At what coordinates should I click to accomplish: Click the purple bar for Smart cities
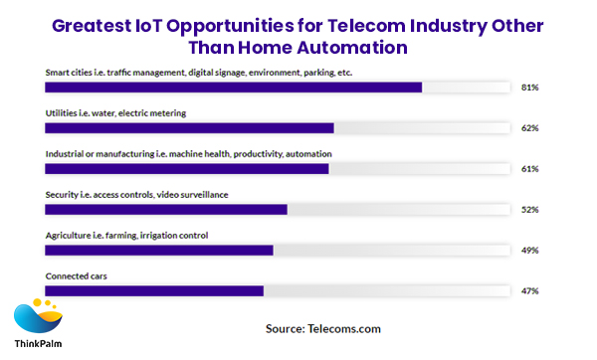click(x=234, y=87)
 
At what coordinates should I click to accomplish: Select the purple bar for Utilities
click(x=189, y=127)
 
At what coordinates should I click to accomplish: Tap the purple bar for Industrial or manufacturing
click(x=187, y=168)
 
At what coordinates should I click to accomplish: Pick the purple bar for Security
click(x=166, y=209)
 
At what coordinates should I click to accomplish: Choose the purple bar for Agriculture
click(x=159, y=250)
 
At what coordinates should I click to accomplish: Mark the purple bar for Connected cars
click(x=154, y=290)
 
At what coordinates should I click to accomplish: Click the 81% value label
click(x=529, y=88)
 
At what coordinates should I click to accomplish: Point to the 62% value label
click(x=529, y=128)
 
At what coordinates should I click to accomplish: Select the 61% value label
click(x=529, y=169)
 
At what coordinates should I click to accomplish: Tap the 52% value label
click(x=529, y=210)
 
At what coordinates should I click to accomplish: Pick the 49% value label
click(x=529, y=251)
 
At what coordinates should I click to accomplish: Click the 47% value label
click(x=529, y=291)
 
